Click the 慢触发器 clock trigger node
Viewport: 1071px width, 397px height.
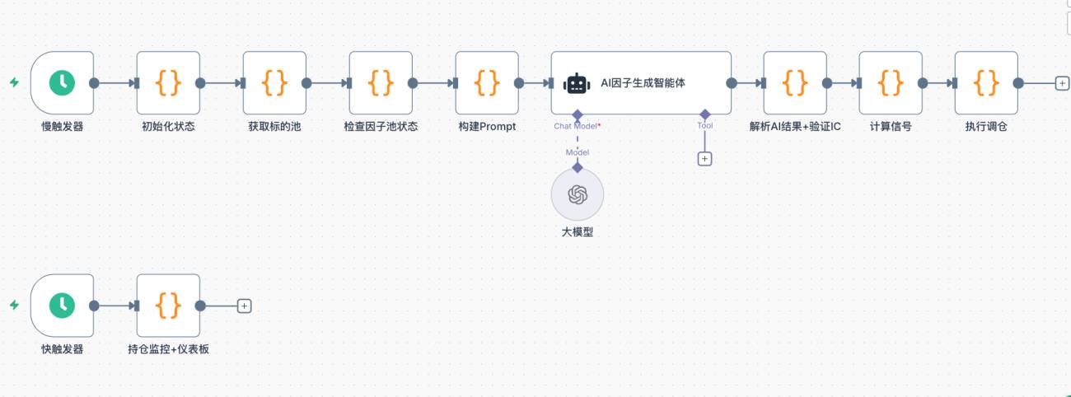tap(62, 82)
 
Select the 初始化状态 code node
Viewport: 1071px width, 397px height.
tap(168, 82)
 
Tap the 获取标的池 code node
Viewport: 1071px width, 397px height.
tap(274, 82)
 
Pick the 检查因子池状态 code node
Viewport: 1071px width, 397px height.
tap(381, 82)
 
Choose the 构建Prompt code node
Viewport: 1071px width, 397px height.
tap(487, 82)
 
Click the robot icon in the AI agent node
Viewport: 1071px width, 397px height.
tap(577, 84)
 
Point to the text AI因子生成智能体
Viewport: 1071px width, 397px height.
tap(643, 83)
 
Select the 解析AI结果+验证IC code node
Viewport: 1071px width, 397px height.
tap(795, 82)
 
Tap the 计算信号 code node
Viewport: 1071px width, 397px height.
tap(891, 82)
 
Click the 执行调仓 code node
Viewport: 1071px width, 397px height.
tap(986, 82)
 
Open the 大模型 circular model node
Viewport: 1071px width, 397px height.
tap(578, 194)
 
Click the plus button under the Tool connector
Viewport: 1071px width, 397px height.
tap(704, 159)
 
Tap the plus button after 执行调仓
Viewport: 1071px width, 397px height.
tap(1062, 83)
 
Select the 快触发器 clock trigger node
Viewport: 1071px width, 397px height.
tap(62, 306)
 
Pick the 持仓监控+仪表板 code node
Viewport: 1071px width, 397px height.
tap(168, 306)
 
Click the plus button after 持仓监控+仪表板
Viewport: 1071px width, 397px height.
tap(245, 306)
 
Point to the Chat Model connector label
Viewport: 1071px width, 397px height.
tap(577, 126)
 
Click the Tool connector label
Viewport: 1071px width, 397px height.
tap(704, 126)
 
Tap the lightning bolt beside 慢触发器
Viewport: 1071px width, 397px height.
tap(14, 82)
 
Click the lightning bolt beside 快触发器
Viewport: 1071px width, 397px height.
tap(14, 305)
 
